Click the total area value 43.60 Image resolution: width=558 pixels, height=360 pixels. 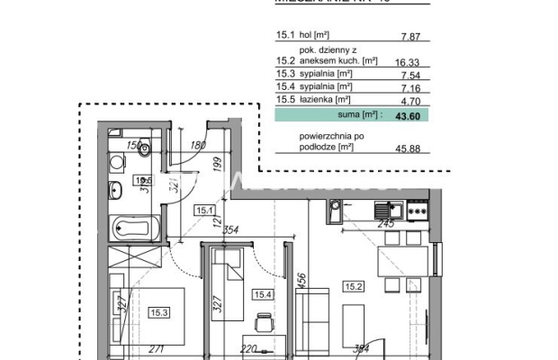(x=418, y=115)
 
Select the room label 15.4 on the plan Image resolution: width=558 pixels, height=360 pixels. (x=261, y=293)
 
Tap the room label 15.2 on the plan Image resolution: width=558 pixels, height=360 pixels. (x=354, y=287)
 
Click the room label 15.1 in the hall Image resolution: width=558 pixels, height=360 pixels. (x=202, y=211)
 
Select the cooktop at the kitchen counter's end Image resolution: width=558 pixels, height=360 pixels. (x=417, y=211)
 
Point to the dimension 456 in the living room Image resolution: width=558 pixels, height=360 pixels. (x=302, y=284)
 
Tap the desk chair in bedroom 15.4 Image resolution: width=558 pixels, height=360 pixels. (x=263, y=322)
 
